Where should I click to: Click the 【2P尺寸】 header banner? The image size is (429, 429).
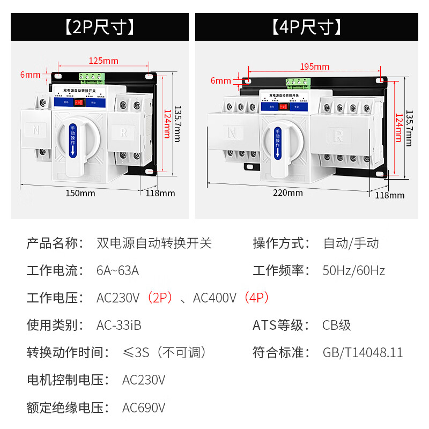[x=100, y=27]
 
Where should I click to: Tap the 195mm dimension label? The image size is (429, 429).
[x=315, y=66]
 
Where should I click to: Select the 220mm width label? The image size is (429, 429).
[x=287, y=193]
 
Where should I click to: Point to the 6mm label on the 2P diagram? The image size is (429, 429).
[x=30, y=75]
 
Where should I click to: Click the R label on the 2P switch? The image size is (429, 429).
[x=124, y=132]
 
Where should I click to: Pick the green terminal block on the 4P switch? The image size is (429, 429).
[x=299, y=82]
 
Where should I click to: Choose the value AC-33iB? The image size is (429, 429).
[x=119, y=326]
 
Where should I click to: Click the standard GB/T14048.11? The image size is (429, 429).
[x=363, y=353]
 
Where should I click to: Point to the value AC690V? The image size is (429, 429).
[x=144, y=408]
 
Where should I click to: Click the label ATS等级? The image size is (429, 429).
[x=281, y=326]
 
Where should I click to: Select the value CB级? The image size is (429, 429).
[x=337, y=326]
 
